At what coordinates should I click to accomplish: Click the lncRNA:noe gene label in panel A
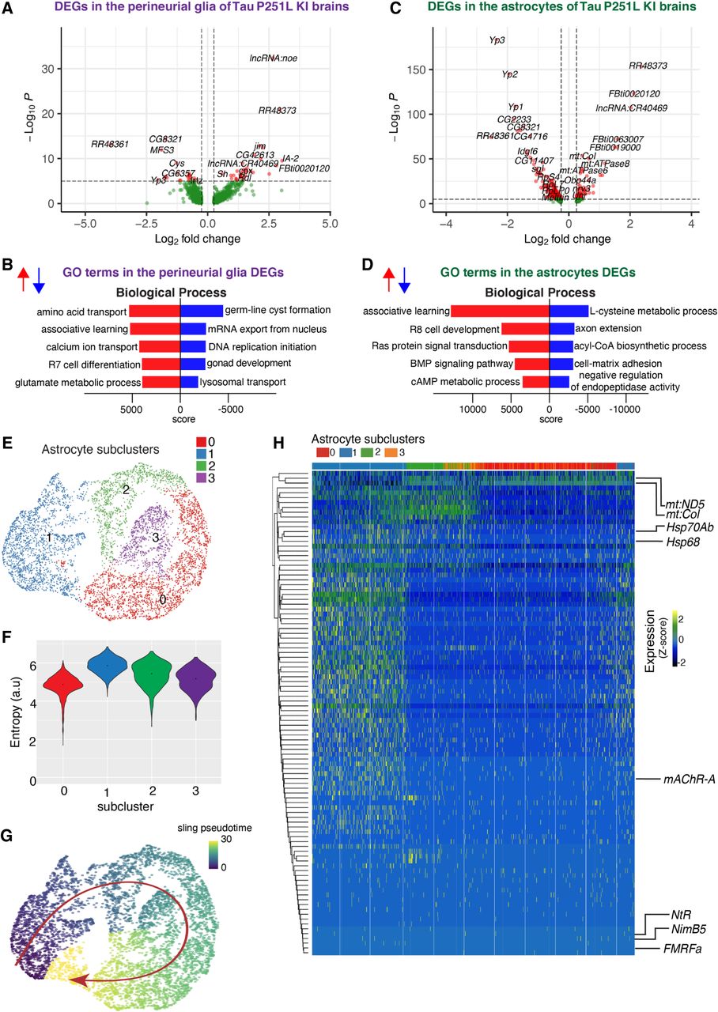273,59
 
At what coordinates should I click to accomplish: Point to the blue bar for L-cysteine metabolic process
569,311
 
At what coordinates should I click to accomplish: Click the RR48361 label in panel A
110,144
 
